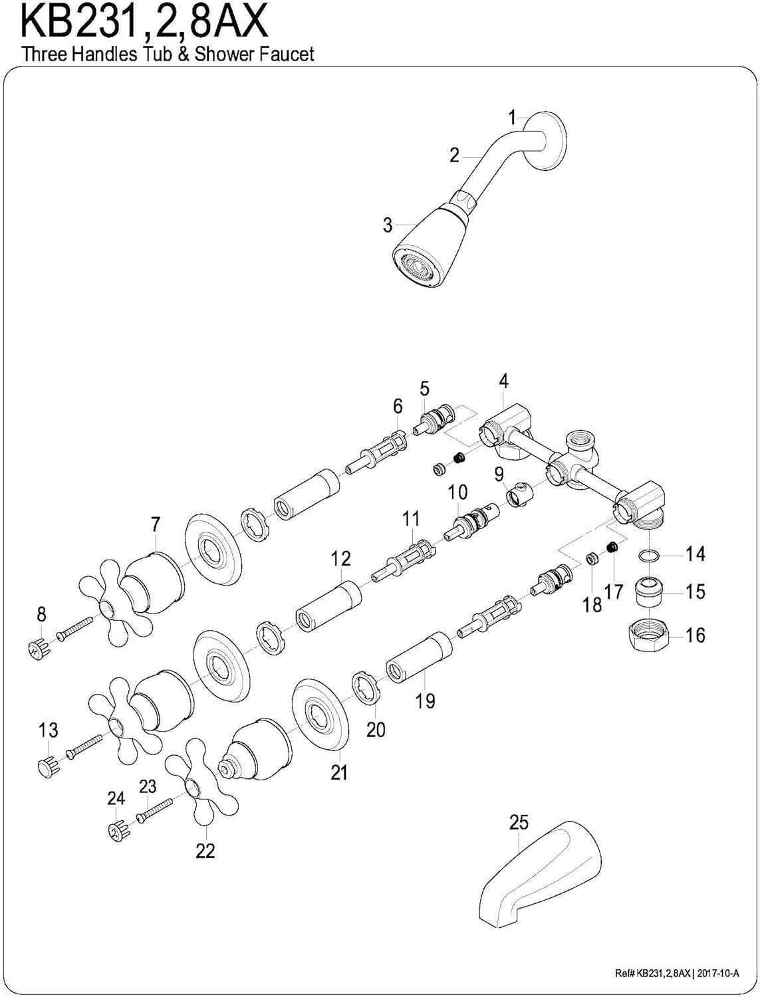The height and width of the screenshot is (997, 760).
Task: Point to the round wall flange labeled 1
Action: pyautogui.click(x=551, y=143)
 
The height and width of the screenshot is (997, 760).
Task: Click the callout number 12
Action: pyautogui.click(x=341, y=558)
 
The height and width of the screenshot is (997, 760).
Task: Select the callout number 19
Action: pyautogui.click(x=426, y=699)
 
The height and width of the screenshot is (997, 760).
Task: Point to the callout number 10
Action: pyautogui.click(x=457, y=492)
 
